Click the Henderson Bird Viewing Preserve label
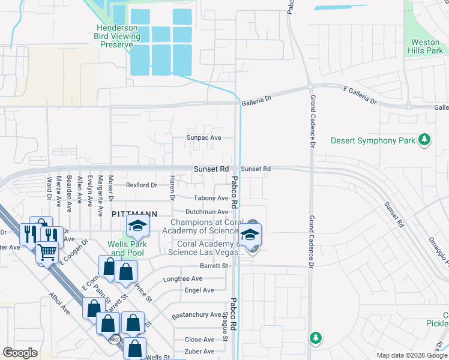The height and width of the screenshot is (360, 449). coord(120,36)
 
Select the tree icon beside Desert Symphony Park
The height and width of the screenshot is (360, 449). coord(425,140)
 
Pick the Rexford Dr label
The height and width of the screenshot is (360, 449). coord(141,185)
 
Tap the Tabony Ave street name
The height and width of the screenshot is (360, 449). coord(211,198)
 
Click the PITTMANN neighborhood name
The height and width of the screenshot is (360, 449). coord(134,213)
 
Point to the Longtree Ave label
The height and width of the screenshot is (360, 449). coord(183,279)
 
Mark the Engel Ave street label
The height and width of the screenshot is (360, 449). coord(200,290)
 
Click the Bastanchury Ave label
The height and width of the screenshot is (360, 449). coord(196,314)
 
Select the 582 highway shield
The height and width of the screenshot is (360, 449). coord(115,340)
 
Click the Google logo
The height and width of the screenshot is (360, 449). coord(20,353)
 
